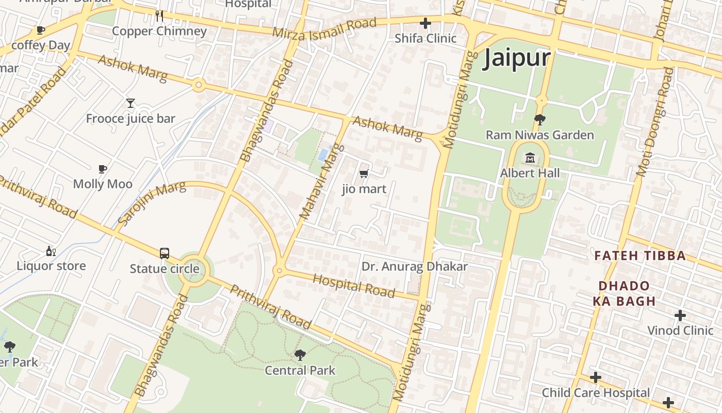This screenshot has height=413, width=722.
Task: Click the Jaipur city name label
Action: point(517,59)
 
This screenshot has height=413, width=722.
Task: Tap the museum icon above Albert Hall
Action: point(530,157)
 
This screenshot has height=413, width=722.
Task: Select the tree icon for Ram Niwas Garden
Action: point(540,120)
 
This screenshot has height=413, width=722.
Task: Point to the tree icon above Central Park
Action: point(300,355)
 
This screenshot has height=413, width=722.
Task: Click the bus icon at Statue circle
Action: point(165,253)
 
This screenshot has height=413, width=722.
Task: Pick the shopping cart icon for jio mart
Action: point(364,174)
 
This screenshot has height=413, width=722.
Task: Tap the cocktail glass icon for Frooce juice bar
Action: point(130,103)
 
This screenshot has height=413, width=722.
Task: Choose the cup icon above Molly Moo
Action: point(103,169)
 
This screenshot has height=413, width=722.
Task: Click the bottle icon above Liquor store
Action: point(51,251)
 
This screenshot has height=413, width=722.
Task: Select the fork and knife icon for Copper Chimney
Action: point(159,16)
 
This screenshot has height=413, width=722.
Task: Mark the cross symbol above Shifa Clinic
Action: point(425,23)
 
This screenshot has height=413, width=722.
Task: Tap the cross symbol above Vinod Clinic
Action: point(680,315)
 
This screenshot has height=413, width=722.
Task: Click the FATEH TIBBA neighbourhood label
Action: point(640,256)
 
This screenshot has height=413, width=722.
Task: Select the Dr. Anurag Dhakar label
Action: point(415,267)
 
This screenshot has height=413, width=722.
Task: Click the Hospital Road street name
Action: point(354,285)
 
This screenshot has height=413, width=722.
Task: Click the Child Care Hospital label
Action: point(596,393)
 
